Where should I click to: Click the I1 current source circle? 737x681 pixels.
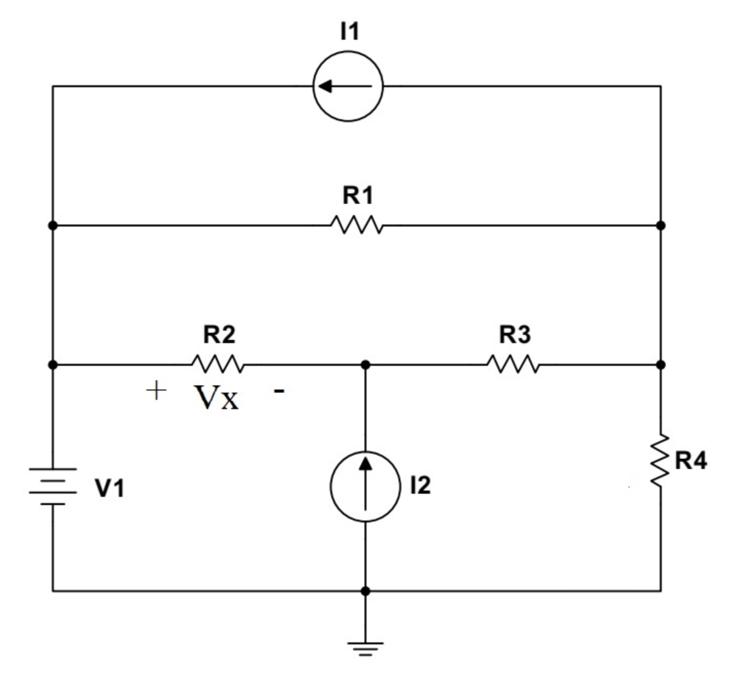[x=348, y=86]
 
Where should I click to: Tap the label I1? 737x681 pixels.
[x=349, y=31]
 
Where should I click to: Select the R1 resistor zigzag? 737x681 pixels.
[x=357, y=225]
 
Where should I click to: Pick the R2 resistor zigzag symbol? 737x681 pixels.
[x=218, y=364]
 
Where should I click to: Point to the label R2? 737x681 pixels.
[x=219, y=335]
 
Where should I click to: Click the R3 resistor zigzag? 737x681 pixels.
[x=514, y=364]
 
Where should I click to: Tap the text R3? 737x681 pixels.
[x=515, y=335]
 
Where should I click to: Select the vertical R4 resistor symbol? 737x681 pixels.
[x=660, y=460]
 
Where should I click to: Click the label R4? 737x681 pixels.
[x=691, y=460]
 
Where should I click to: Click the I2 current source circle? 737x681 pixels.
[x=365, y=487]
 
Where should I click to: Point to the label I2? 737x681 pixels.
[x=420, y=485]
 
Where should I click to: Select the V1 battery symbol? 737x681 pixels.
[x=53, y=486]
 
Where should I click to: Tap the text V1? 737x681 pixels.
[x=109, y=488]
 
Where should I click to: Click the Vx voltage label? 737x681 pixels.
[x=217, y=398]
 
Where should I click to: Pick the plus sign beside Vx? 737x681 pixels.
[x=156, y=391]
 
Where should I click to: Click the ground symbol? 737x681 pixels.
[x=365, y=647]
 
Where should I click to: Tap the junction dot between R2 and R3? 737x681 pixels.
[x=365, y=365]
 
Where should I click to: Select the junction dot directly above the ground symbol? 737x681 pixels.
[x=365, y=591]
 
